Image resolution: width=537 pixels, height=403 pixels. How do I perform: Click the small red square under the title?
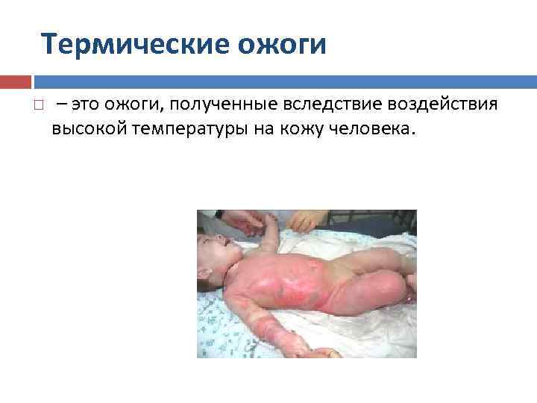click(15, 81)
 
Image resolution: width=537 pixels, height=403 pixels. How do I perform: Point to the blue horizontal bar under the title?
click(283, 81)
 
